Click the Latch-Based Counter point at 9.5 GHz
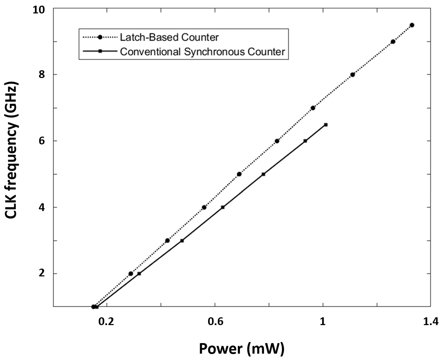[412, 25]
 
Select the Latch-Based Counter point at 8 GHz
[352, 74]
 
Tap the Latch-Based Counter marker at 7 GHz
[313, 108]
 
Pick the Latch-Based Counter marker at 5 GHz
[239, 174]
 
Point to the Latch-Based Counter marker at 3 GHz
[167, 240]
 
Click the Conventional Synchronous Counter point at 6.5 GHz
[326, 125]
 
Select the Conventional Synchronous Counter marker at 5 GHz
[263, 174]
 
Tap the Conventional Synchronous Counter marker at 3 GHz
[182, 241]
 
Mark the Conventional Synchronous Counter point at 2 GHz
[139, 274]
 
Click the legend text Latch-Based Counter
[169, 37]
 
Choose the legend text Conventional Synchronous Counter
[203, 52]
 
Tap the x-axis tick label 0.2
[106, 321]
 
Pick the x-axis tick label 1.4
[430, 321]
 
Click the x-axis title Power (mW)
[242, 348]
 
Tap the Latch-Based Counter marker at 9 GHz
[393, 42]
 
